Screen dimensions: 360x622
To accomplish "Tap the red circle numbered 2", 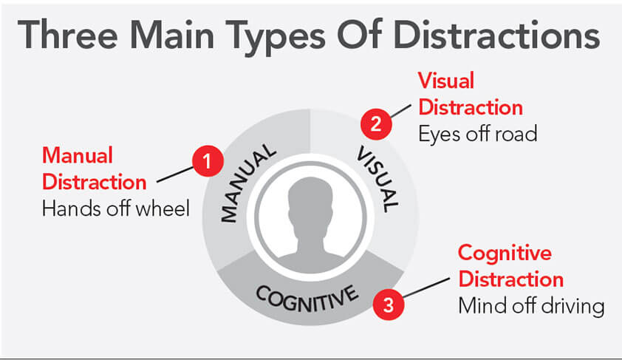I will (375, 123).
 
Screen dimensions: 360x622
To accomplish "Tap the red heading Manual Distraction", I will (94, 169).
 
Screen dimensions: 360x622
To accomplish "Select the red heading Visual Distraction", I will (470, 93).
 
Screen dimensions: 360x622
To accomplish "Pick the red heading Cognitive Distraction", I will (510, 266).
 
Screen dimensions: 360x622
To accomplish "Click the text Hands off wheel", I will (115, 208).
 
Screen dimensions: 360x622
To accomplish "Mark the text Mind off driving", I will (531, 305).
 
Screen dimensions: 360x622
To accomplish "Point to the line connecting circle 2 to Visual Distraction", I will (400, 109).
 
